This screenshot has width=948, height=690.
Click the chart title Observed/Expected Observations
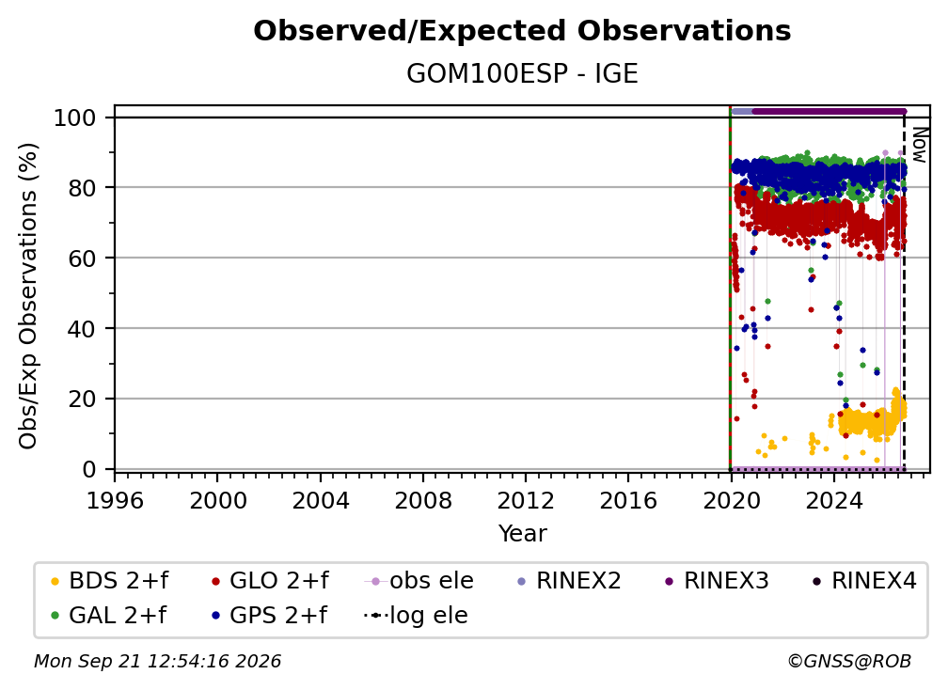(522, 31)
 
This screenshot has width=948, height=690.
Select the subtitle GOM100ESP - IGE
(522, 74)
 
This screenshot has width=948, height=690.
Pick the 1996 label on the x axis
(115, 501)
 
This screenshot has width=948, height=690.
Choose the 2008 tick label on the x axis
(422, 501)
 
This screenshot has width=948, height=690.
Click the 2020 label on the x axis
(731, 501)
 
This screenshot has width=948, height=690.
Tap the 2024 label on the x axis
(833, 501)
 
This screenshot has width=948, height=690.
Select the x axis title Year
(522, 534)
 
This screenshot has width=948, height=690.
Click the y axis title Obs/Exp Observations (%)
(28, 296)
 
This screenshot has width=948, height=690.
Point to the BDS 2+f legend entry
(109, 581)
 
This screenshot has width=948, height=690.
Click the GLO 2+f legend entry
(270, 581)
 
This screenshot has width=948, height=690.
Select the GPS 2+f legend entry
(269, 616)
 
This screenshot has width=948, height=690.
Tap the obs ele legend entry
(419, 581)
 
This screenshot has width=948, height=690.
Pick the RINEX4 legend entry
(864, 581)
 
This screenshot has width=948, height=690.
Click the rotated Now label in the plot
(919, 145)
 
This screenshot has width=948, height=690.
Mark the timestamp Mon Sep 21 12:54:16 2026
(157, 662)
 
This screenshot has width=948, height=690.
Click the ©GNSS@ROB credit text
(849, 662)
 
